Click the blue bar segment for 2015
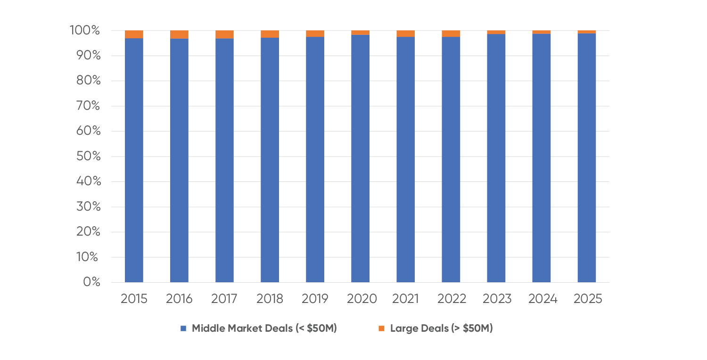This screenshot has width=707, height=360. [x=134, y=160]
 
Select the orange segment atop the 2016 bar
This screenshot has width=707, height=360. [x=179, y=34]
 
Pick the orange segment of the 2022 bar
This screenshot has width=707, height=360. [x=451, y=33]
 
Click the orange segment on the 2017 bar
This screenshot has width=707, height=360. [x=224, y=34]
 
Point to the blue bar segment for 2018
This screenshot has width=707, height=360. [x=270, y=160]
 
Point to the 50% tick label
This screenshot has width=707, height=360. [x=88, y=156]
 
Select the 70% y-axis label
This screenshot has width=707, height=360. [x=88, y=106]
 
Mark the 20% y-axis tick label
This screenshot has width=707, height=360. [x=88, y=232]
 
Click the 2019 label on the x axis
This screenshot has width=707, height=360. [x=315, y=299]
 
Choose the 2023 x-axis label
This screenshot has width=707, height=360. [x=496, y=299]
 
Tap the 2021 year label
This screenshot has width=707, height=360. [x=405, y=299]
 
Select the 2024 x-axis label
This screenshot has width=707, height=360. [x=542, y=299]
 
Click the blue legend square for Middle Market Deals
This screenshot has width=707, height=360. [x=184, y=328]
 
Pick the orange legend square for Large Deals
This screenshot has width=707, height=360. [x=382, y=328]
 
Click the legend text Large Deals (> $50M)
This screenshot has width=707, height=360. [x=441, y=328]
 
